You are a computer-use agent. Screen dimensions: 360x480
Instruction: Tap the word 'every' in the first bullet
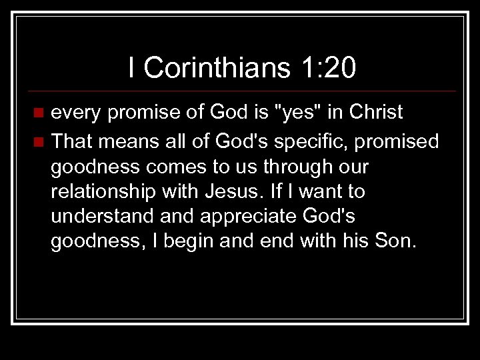(x=75, y=113)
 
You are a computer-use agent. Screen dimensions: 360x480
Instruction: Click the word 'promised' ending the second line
(x=400, y=142)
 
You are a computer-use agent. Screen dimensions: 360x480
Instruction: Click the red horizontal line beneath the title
(x=240, y=91)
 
